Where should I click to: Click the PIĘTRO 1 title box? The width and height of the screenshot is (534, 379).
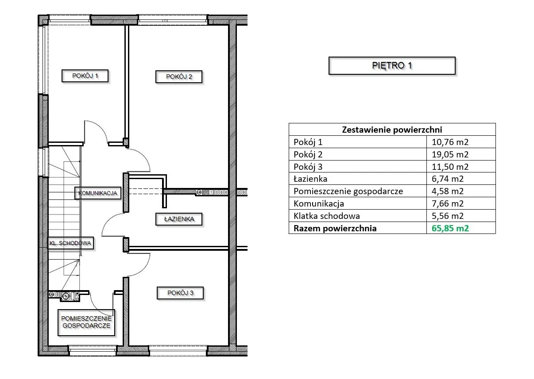click(x=392, y=65)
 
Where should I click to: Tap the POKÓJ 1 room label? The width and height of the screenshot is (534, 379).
click(x=85, y=76)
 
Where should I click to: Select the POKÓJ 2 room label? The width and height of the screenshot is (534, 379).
click(x=179, y=77)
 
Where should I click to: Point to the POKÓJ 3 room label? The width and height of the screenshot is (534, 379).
click(x=180, y=293)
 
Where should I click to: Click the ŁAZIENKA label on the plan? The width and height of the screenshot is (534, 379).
click(x=179, y=219)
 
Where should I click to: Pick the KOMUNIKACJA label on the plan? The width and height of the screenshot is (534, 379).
click(x=98, y=193)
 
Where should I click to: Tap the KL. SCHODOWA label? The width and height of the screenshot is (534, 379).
click(x=71, y=243)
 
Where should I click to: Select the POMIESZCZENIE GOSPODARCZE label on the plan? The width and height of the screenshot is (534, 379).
click(x=86, y=322)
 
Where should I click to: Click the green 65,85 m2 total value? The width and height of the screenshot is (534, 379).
click(x=450, y=228)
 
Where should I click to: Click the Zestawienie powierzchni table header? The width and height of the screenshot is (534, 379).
click(x=392, y=130)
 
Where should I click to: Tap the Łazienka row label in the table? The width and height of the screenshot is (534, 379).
click(x=310, y=179)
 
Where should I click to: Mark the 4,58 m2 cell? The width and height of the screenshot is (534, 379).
click(x=448, y=191)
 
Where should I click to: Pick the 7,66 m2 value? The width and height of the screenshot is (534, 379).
click(x=448, y=204)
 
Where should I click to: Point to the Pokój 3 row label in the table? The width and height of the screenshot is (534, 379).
click(x=308, y=167)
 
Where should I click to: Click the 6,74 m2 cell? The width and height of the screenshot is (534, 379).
click(x=448, y=179)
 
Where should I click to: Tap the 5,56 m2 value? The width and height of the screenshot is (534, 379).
click(x=448, y=216)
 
